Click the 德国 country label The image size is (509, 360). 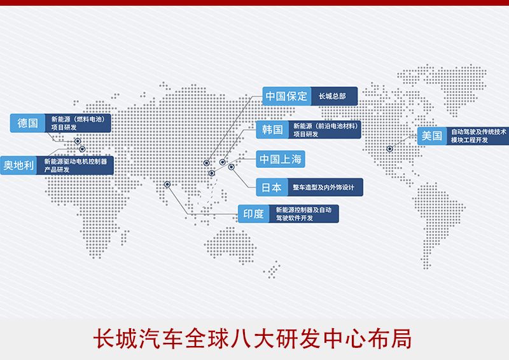[27, 123]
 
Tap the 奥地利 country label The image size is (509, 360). [18, 165]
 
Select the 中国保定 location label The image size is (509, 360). [286, 96]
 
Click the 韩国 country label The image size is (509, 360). [272, 130]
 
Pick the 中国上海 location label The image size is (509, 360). [281, 159]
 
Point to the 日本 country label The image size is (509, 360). [272, 187]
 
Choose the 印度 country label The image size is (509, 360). [253, 214]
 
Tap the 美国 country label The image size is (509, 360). [432, 135]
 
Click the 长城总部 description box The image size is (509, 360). [334, 96]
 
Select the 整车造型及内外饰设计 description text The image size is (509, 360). [323, 187]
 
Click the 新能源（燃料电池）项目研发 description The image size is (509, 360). [78, 123]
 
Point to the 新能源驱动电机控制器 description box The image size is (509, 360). [75, 165]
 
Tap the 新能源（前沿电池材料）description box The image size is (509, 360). [324, 130]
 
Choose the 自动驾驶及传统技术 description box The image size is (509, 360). [478, 135]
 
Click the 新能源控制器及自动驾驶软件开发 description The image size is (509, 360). [304, 214]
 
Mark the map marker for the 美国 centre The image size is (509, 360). [389, 149]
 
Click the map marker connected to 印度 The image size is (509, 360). [167, 184]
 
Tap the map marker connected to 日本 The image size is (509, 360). [231, 167]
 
